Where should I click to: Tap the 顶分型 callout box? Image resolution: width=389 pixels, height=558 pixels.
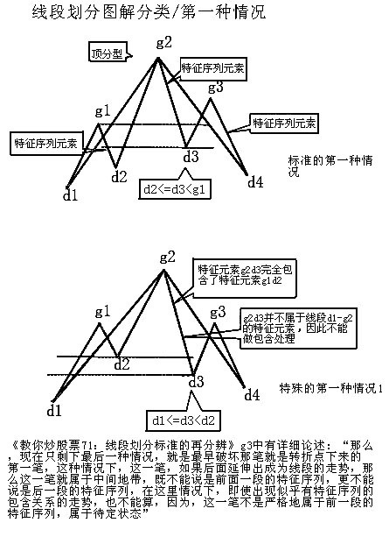tap(108, 53)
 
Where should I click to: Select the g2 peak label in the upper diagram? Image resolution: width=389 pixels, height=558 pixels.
tap(163, 42)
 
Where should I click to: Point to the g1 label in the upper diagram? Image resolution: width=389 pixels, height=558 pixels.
tap(102, 111)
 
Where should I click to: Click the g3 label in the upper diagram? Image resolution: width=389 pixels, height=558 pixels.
tap(216, 87)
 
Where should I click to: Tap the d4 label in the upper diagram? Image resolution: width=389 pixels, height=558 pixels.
tap(254, 182)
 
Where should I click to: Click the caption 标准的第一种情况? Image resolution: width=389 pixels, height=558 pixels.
tap(330, 166)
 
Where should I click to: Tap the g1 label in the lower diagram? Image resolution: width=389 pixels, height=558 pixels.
tap(102, 311)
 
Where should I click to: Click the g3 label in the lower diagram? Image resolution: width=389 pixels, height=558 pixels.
tap(218, 313)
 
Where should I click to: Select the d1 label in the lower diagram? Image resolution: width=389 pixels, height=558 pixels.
tap(54, 409)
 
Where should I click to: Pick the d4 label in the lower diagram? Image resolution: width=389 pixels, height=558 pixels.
tap(252, 395)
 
